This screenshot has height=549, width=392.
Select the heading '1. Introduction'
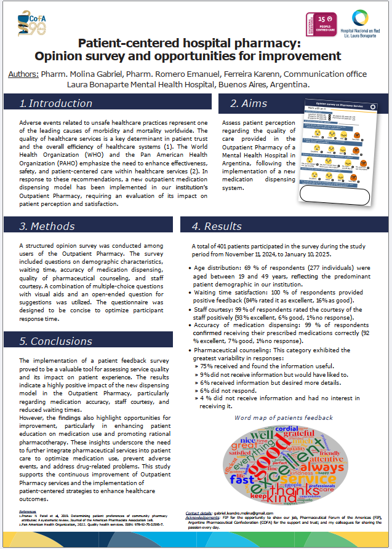point(56,103)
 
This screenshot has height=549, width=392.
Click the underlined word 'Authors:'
point(23,74)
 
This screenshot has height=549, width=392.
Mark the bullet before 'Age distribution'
point(188,267)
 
